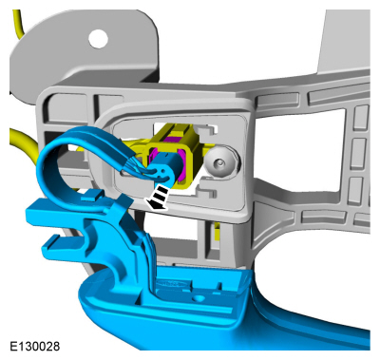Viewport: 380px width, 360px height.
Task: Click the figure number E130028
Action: click(34, 346)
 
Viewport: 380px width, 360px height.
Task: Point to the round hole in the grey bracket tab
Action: click(98, 39)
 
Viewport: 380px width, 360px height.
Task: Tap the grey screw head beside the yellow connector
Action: click(220, 163)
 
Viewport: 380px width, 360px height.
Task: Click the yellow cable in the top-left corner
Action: click(18, 23)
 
